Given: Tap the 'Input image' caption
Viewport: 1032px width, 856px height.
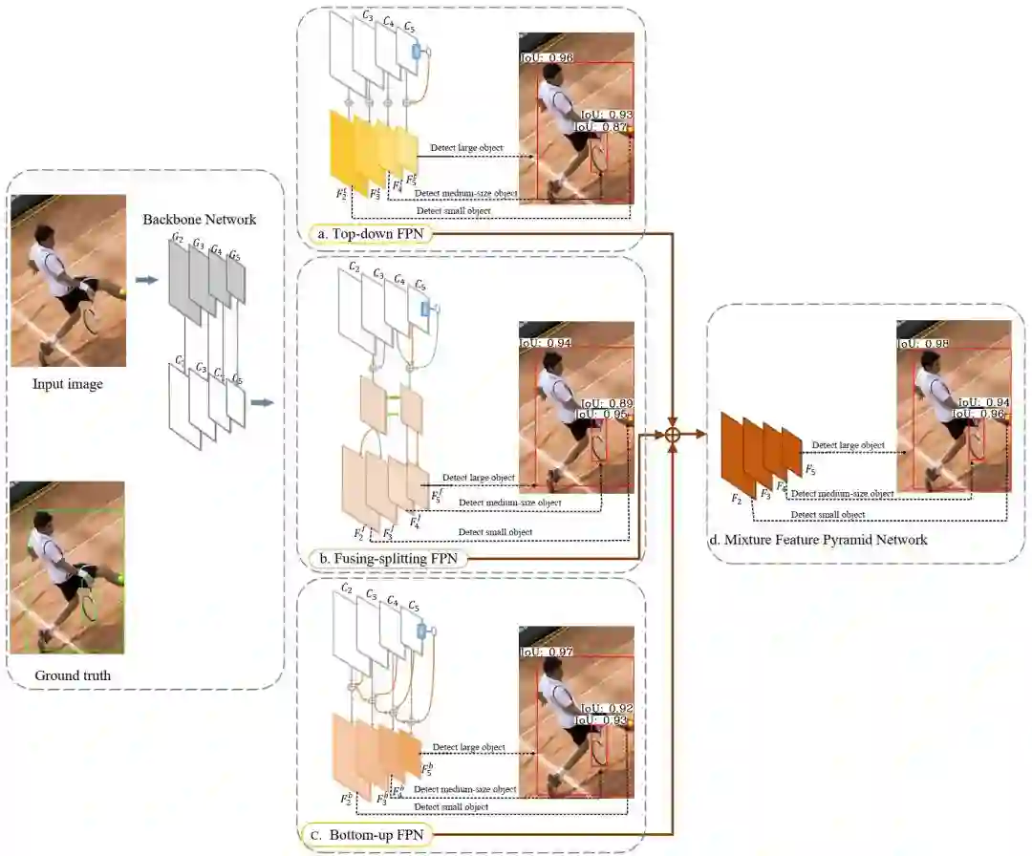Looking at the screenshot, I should (68, 384).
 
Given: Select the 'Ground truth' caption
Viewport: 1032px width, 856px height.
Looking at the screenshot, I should (73, 675).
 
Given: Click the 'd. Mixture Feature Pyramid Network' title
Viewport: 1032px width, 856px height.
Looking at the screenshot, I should (818, 540).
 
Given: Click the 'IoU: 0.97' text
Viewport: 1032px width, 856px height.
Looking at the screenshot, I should (548, 652).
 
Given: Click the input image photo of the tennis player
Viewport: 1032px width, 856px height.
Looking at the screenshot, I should (68, 280).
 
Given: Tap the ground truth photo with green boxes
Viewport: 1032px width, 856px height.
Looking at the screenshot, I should (68, 567).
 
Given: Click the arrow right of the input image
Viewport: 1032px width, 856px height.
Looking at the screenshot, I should (146, 281).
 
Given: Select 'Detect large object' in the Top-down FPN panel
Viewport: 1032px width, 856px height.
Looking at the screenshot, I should (466, 148).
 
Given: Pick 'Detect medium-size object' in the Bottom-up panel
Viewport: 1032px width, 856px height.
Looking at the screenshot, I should (465, 789).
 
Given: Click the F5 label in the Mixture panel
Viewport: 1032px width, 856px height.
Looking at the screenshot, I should (809, 470).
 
